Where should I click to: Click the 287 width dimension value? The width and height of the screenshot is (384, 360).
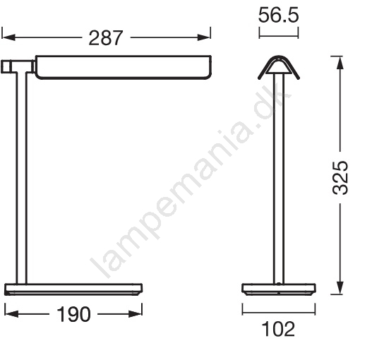point(105,38)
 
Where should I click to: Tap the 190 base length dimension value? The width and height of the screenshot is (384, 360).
point(73,314)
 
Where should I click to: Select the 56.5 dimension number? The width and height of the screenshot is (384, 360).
point(278,16)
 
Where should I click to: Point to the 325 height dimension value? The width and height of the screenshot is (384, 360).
point(340,178)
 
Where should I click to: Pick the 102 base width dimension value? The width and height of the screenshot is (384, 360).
point(278,329)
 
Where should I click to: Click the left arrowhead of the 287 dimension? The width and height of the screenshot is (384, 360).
point(8,37)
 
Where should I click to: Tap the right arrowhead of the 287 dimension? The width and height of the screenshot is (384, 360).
point(204,37)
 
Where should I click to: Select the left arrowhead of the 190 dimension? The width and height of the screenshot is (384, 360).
point(12,314)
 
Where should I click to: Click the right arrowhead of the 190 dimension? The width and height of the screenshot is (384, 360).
point(136,314)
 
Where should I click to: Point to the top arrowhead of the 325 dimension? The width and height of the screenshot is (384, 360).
point(340,63)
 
